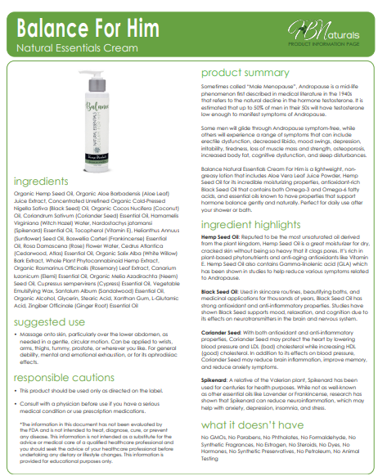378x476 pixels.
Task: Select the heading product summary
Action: click(x=245, y=73)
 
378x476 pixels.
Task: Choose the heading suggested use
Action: click(x=52, y=300)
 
